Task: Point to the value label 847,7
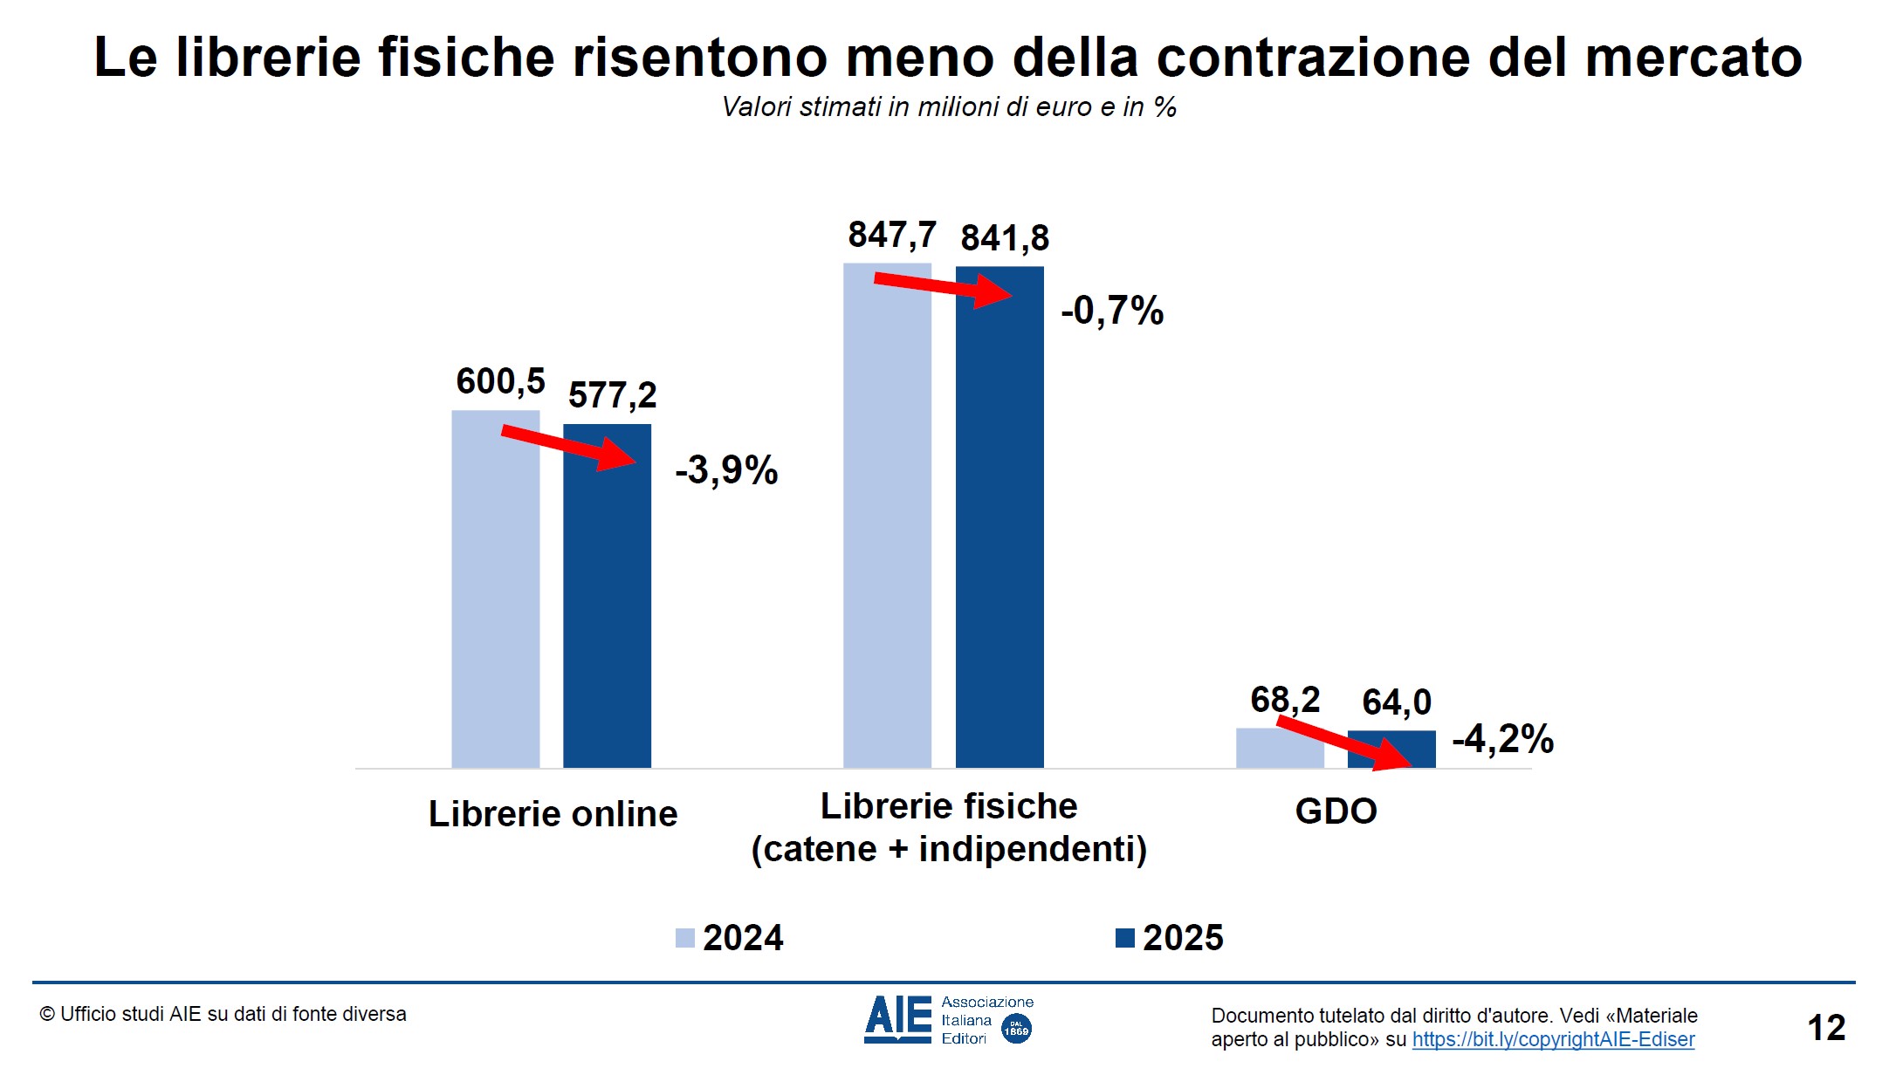891,235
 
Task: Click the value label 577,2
612,395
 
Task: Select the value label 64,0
1397,702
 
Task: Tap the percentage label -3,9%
726,470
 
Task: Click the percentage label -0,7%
1112,311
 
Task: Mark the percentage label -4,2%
1502,739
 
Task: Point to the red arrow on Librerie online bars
567,447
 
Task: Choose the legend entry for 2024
731,938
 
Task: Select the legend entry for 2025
1171,938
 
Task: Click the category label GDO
1336,811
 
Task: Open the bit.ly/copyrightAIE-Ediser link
1553,1039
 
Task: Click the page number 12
1826,1028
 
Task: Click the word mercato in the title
1693,58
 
